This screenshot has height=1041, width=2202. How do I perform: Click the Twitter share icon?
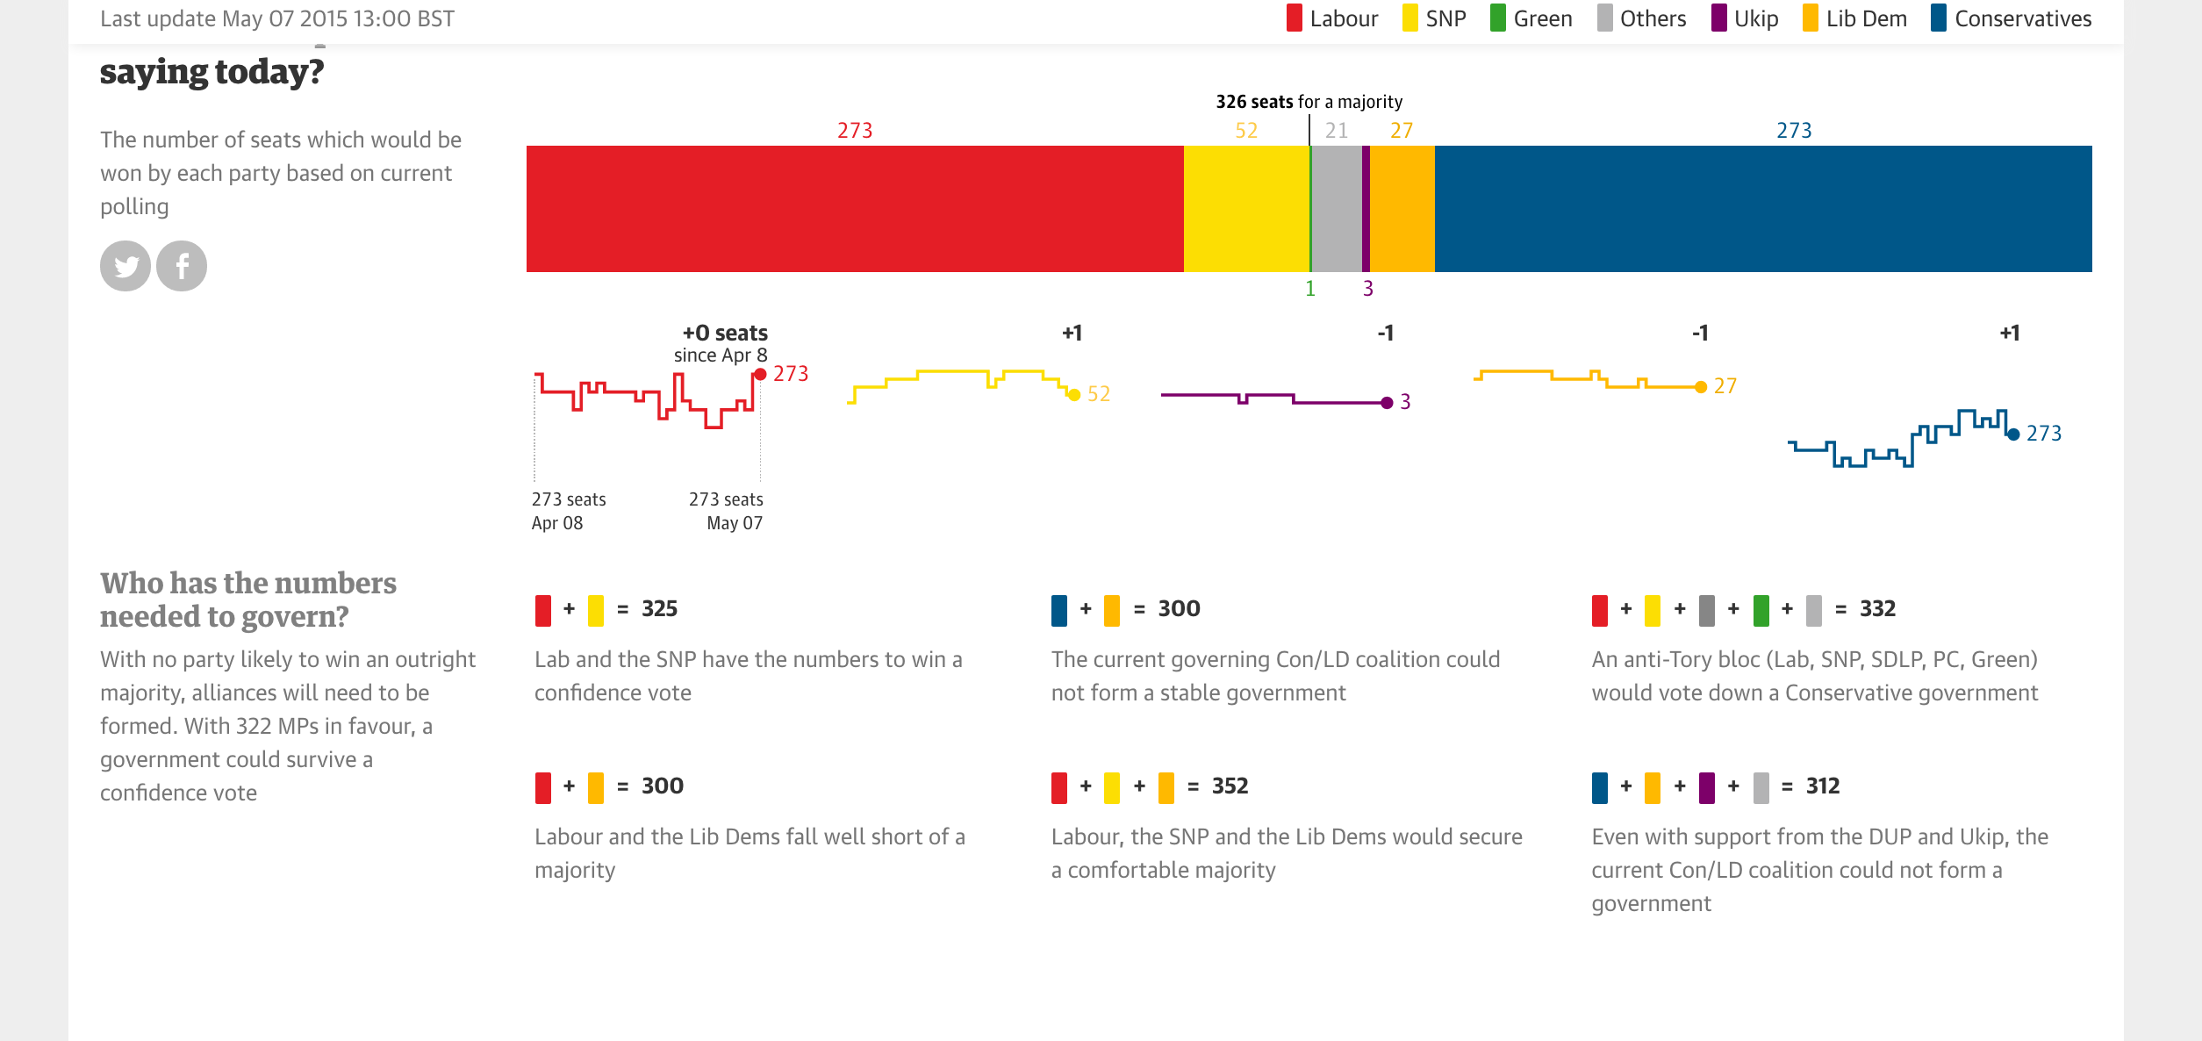(126, 266)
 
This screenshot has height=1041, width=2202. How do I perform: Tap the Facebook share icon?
(182, 266)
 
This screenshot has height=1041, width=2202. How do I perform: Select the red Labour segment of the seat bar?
(855, 209)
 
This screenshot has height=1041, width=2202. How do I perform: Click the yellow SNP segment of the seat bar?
(1246, 209)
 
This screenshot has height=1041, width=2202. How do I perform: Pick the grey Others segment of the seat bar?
(1337, 209)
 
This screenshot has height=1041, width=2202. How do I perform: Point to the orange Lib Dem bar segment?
(1402, 209)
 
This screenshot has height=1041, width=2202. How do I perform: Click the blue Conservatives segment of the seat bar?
(1763, 209)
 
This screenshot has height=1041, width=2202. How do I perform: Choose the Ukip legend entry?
(1745, 18)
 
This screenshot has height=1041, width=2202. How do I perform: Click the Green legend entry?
(1531, 18)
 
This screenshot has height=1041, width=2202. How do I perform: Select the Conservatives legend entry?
(2012, 18)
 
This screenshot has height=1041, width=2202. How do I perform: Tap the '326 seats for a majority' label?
(1309, 102)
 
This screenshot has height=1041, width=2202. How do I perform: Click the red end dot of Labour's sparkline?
(760, 375)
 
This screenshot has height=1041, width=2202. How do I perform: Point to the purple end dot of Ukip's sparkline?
(1387, 403)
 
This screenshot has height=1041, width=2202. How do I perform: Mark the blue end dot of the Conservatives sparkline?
(2013, 434)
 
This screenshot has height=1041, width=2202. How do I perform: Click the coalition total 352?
(1230, 786)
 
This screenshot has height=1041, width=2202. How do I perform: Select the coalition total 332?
(1878, 609)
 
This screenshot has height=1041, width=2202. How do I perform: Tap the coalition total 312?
(1823, 786)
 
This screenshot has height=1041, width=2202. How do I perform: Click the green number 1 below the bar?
(1310, 289)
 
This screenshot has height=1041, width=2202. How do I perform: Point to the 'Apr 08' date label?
(557, 523)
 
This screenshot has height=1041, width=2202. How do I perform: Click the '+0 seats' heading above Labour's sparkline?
(725, 334)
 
